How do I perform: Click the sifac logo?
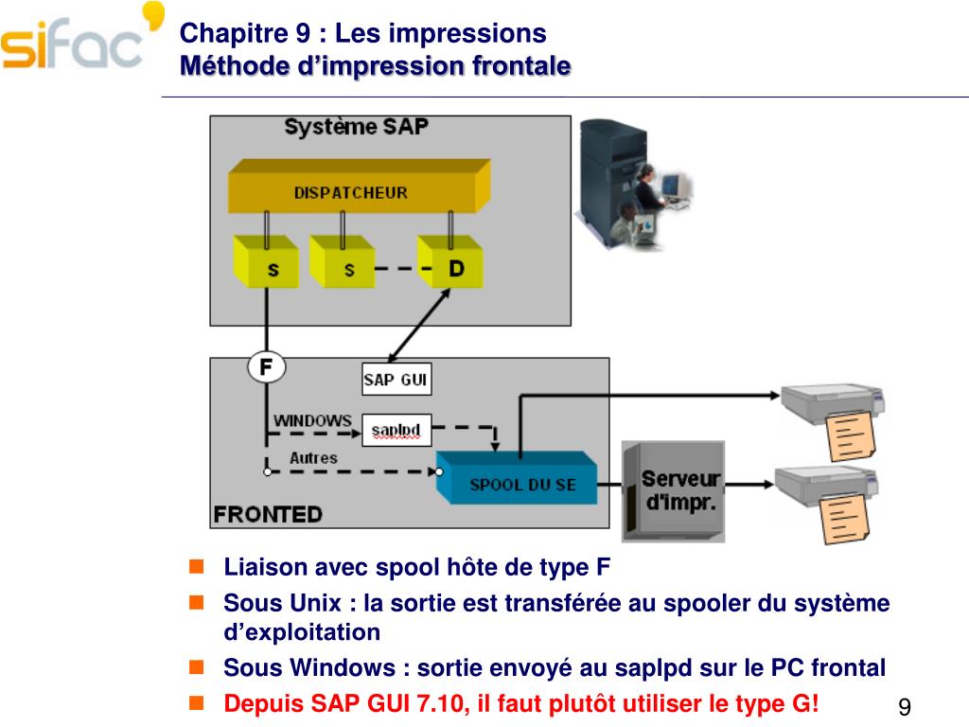coord(76,43)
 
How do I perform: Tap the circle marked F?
coord(266,366)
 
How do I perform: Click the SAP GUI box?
coord(396,381)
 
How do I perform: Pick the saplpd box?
coord(396,432)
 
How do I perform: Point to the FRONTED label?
coord(268,515)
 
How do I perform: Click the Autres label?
coord(313,458)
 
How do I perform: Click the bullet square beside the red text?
coord(197,702)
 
